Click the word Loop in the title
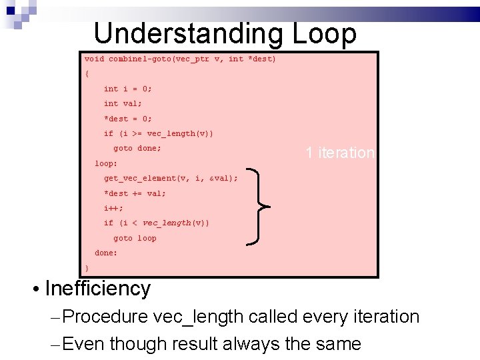tap(325, 33)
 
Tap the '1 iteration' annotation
tap(340, 153)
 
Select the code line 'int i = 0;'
tap(128, 89)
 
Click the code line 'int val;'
tap(123, 103)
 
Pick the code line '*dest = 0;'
tap(128, 119)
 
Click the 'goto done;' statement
tap(137, 148)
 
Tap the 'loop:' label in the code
tap(106, 163)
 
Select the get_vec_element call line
tap(171, 178)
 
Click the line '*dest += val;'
tap(135, 193)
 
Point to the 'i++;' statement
tap(113, 208)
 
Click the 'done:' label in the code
tap(106, 253)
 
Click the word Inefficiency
tap(98, 289)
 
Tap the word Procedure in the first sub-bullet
tap(107, 317)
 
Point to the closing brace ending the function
tap(87, 268)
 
